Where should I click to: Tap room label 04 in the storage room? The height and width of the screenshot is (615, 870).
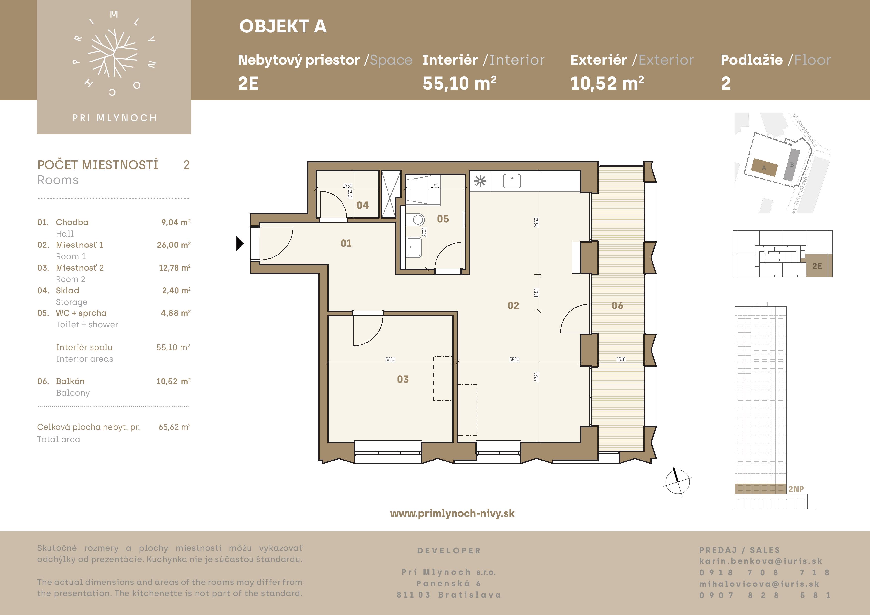363,205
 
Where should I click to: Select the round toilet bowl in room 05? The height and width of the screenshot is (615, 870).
418,219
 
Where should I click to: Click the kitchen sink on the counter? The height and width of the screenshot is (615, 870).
512,181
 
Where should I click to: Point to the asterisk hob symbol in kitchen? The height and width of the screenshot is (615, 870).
480,181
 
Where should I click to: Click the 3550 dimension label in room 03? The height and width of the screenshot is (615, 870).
390,360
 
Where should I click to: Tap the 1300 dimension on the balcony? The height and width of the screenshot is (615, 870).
621,360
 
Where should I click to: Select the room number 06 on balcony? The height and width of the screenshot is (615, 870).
617,306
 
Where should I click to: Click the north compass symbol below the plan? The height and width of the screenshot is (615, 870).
678,482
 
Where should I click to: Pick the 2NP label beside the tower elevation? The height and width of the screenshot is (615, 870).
796,489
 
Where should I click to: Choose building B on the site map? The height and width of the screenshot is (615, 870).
792,164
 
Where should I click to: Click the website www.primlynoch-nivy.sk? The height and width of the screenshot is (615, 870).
452,513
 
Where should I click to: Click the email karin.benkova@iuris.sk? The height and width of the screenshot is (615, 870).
761,561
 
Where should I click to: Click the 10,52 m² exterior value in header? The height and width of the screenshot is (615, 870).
607,83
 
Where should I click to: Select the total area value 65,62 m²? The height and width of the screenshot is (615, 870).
175,427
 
